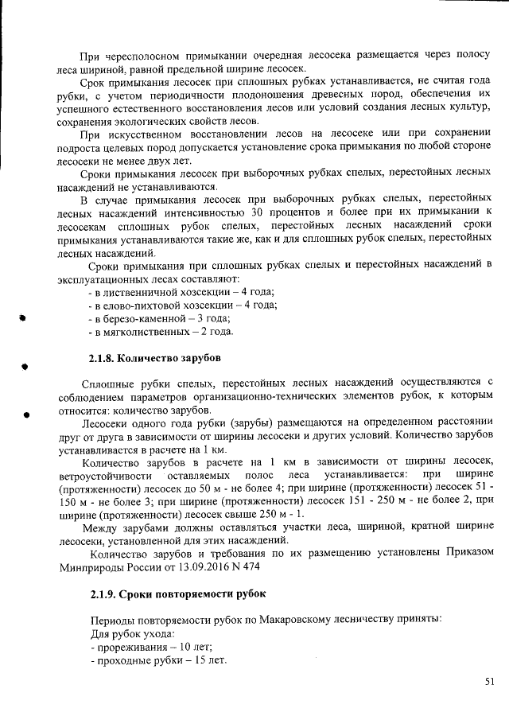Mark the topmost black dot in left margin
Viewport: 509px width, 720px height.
25,317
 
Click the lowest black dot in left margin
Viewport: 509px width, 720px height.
27,414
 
